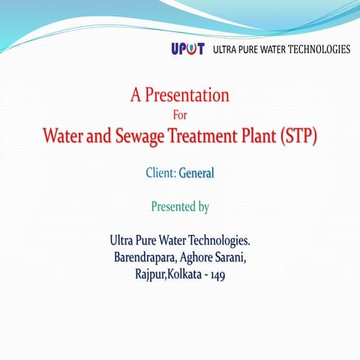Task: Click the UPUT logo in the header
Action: point(188,49)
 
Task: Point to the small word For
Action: point(179,115)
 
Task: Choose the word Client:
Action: point(160,173)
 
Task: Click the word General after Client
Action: point(196,173)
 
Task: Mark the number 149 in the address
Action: point(217,275)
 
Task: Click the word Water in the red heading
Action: point(61,138)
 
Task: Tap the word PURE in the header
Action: point(256,49)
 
